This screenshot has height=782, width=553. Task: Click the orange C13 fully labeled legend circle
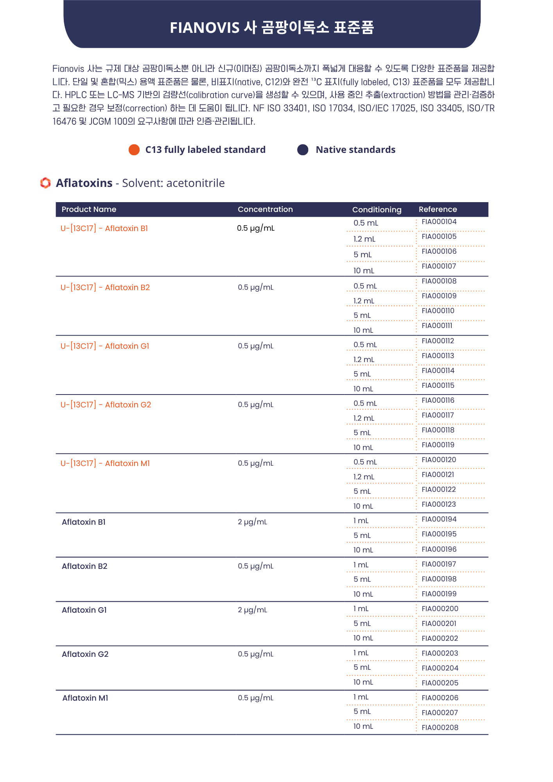coord(134,150)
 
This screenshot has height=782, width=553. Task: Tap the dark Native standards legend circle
coord(303,150)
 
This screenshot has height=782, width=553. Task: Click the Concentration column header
coord(265,209)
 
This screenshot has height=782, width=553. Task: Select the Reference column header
coord(438,209)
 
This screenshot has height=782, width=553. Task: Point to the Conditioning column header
coord(377,210)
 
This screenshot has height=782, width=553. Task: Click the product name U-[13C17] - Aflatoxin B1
coord(104,228)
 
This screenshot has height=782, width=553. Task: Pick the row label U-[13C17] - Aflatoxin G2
coord(106,405)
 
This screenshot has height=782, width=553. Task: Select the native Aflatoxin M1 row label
coord(85,698)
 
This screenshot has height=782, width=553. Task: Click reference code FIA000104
coord(439,222)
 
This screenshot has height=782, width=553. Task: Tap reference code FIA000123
coord(438,504)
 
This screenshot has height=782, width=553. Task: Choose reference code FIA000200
coord(440,609)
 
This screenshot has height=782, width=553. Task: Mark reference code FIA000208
coord(440,728)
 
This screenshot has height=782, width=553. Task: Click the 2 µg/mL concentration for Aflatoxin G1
coord(252,610)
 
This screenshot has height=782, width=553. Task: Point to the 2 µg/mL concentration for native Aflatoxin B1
coord(252,522)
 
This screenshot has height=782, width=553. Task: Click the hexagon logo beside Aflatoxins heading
coord(45,183)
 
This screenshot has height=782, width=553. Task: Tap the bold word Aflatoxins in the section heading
coord(84,183)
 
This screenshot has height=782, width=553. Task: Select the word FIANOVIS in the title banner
coord(205,28)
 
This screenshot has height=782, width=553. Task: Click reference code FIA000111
coord(436,326)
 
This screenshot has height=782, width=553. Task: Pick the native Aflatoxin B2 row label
coord(84,566)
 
